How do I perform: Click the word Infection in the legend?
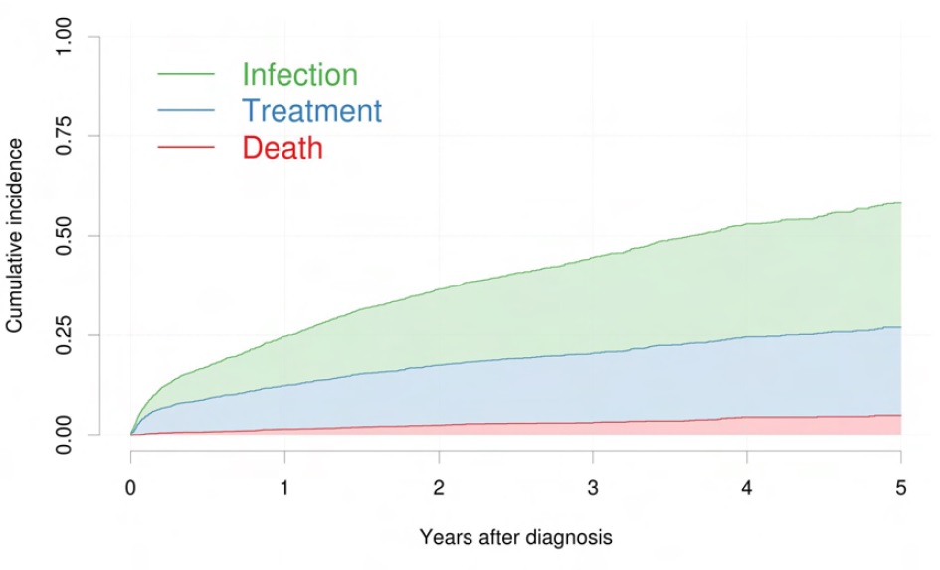pyautogui.click(x=299, y=75)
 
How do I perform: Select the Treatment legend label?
pyautogui.click(x=311, y=111)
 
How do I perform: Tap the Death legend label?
pyautogui.click(x=282, y=148)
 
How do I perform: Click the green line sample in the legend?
pyautogui.click(x=186, y=74)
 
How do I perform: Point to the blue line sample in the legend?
pyautogui.click(x=186, y=110)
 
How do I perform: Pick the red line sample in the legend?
pyautogui.click(x=186, y=147)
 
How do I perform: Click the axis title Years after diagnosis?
pyautogui.click(x=515, y=538)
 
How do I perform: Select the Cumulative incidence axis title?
pyautogui.click(x=16, y=236)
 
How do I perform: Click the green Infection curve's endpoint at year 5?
pyautogui.click(x=900, y=203)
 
